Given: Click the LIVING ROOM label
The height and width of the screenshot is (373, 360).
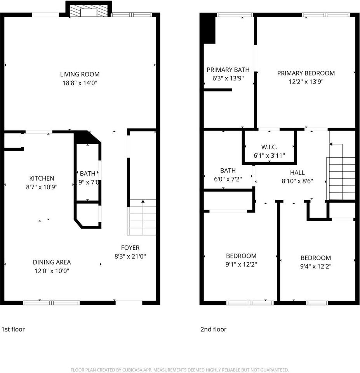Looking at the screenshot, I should click(x=80, y=74).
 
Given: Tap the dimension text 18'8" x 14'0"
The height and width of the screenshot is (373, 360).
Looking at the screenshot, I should click(x=80, y=82).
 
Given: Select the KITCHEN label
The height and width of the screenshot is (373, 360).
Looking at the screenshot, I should click(x=42, y=178).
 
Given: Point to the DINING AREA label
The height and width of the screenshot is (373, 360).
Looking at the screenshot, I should click(x=52, y=262).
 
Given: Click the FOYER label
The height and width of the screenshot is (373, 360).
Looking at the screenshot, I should click(x=130, y=248).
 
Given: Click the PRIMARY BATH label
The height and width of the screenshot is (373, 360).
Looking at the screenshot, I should click(x=228, y=70).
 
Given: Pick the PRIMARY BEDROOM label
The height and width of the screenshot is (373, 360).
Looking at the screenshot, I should click(x=306, y=73).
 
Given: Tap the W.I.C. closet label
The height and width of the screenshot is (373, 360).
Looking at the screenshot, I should click(x=269, y=147).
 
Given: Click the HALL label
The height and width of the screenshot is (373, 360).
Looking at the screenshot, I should click(x=297, y=173).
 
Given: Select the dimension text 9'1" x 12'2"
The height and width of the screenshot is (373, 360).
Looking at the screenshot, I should click(x=241, y=264).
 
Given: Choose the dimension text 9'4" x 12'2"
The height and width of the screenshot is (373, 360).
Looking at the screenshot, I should click(x=315, y=266).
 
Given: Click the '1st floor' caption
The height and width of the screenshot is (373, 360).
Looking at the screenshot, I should click(x=13, y=329).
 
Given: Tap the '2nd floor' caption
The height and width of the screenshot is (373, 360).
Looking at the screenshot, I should click(x=213, y=329).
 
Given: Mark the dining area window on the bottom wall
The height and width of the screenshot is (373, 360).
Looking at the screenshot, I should click(x=51, y=302).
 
